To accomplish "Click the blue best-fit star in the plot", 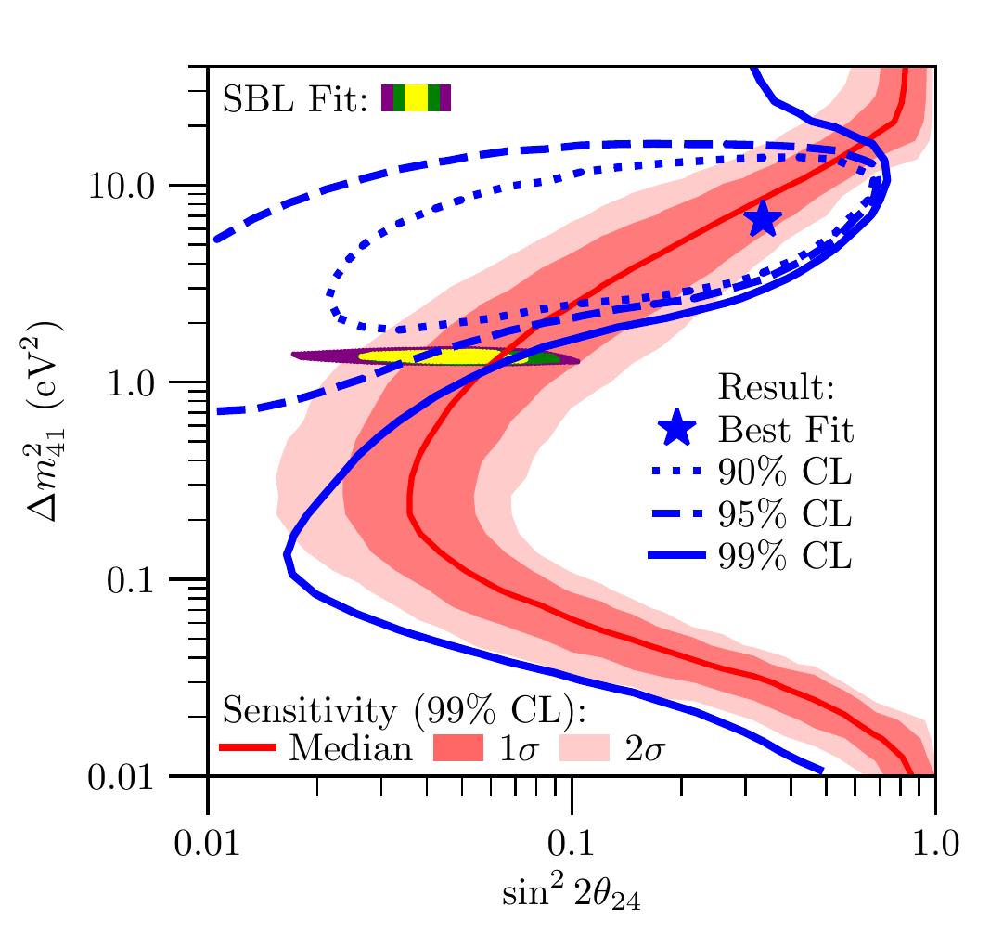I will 763,219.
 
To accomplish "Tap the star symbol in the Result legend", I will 677,429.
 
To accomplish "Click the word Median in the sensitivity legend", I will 351,748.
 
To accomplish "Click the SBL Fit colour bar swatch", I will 417,97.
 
